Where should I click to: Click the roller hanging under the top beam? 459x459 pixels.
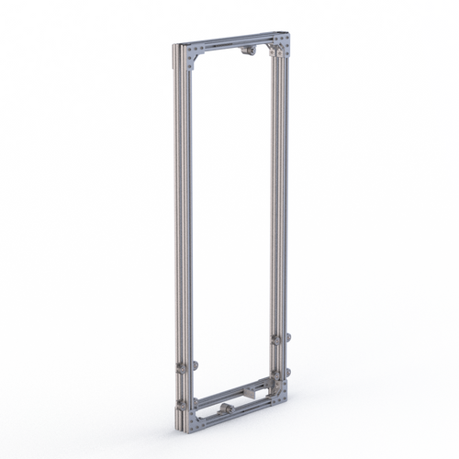(x=248, y=51)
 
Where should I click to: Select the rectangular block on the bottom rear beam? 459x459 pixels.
(x=249, y=392)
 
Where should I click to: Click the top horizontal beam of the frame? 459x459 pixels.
(x=234, y=43)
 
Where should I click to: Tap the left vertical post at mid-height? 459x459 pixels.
(x=182, y=229)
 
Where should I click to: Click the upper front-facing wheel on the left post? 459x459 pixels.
(x=181, y=367)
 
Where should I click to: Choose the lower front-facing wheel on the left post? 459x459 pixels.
(x=181, y=405)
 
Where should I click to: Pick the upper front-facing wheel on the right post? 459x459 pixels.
(x=275, y=341)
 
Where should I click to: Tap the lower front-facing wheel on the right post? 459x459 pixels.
(x=275, y=375)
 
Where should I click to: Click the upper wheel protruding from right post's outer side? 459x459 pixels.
(x=288, y=337)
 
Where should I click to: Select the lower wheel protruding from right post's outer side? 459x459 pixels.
(x=288, y=372)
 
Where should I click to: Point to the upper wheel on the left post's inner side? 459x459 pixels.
(x=195, y=364)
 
